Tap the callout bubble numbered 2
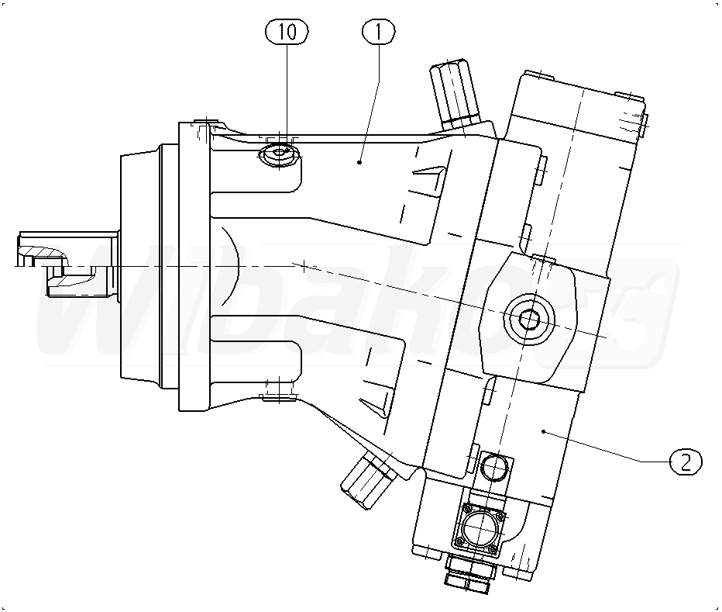tap(686, 462)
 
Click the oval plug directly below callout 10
tap(278, 156)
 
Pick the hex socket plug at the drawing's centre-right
tap(530, 318)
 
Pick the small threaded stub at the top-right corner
tap(634, 119)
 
